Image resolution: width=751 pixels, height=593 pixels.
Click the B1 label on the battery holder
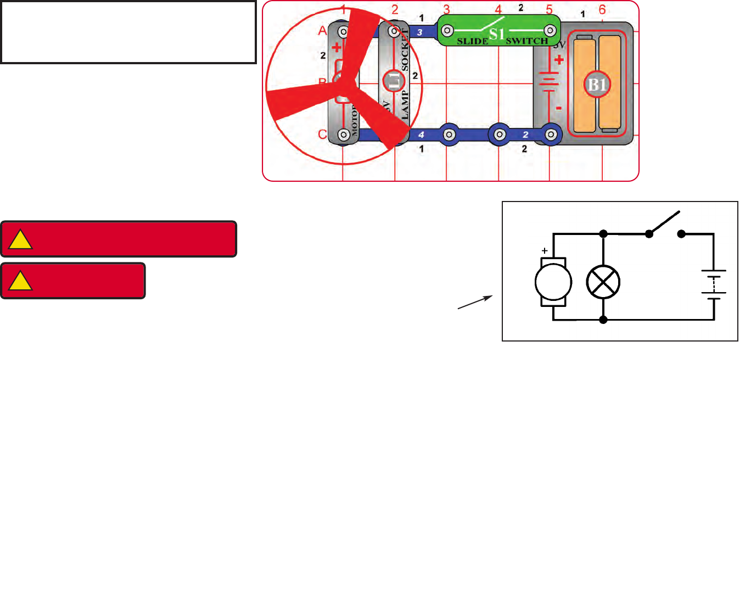coord(597,85)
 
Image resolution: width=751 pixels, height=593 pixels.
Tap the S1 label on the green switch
coord(497,34)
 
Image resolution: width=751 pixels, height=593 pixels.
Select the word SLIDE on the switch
coord(472,41)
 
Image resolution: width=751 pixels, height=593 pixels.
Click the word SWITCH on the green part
coord(527,41)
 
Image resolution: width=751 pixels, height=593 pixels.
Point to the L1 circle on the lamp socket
coord(393,81)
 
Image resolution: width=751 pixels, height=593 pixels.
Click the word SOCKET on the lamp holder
coord(405,49)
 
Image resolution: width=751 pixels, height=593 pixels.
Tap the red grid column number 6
coord(602,10)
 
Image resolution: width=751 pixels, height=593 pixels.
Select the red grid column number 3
coord(447,10)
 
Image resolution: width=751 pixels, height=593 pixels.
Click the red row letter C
coord(322,135)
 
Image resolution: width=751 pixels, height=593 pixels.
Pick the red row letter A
coord(322,31)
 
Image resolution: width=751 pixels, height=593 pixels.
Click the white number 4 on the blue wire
coord(421,135)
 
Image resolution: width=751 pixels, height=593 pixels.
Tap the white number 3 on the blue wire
coord(419,32)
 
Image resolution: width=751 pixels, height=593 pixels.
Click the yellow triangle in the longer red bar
coord(21,240)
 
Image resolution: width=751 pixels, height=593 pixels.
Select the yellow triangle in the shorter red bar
coord(21,281)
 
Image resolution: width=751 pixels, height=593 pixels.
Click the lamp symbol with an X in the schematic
coord(603,282)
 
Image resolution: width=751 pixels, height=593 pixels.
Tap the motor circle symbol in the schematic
coord(553,282)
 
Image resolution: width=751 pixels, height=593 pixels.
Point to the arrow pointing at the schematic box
coord(475,302)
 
